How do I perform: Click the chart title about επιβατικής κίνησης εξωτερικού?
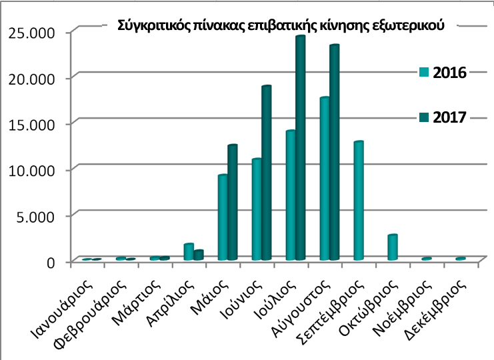point(280,25)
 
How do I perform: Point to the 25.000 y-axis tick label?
point(31,32)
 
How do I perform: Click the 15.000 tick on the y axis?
point(31,123)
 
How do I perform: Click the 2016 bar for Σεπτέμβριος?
point(358,201)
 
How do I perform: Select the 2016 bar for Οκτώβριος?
point(392,247)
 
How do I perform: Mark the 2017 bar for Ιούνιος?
point(266,173)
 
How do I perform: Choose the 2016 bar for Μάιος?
point(223,217)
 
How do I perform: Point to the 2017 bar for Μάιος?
point(232,203)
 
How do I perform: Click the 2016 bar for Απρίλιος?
point(189,252)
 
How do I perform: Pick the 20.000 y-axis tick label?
point(31,78)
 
